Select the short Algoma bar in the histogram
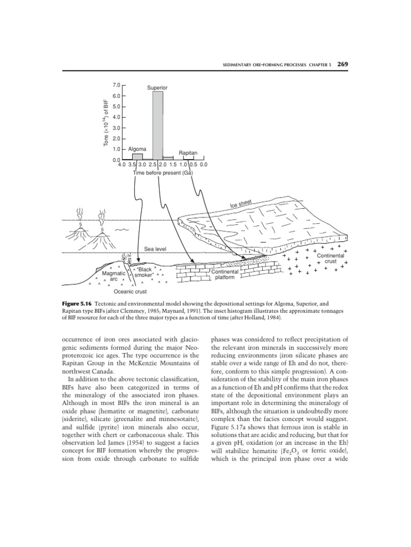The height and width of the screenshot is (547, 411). point(138,157)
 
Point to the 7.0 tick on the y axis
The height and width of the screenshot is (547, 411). point(117,85)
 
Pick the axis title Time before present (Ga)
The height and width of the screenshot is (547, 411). point(163,173)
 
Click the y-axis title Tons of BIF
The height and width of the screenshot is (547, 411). point(106,122)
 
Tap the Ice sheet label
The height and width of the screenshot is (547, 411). point(241,204)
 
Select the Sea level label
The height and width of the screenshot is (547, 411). point(156,249)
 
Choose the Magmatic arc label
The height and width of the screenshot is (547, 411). point(113,276)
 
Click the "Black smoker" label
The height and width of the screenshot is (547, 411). point(144,272)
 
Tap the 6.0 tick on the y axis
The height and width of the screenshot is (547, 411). point(117,96)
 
